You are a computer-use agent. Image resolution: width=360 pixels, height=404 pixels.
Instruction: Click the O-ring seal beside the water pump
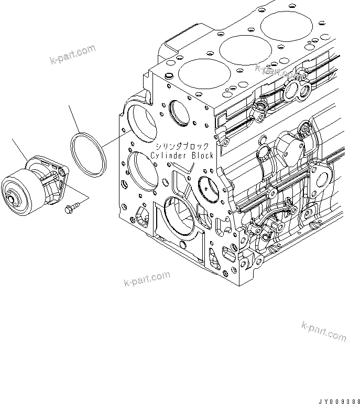point(89,155)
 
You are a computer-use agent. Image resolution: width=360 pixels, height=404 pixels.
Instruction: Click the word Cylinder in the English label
point(168,156)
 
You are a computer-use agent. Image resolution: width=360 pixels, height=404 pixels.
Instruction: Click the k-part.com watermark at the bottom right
point(324,331)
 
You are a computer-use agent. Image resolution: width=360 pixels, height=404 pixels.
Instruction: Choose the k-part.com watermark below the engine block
point(147,279)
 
